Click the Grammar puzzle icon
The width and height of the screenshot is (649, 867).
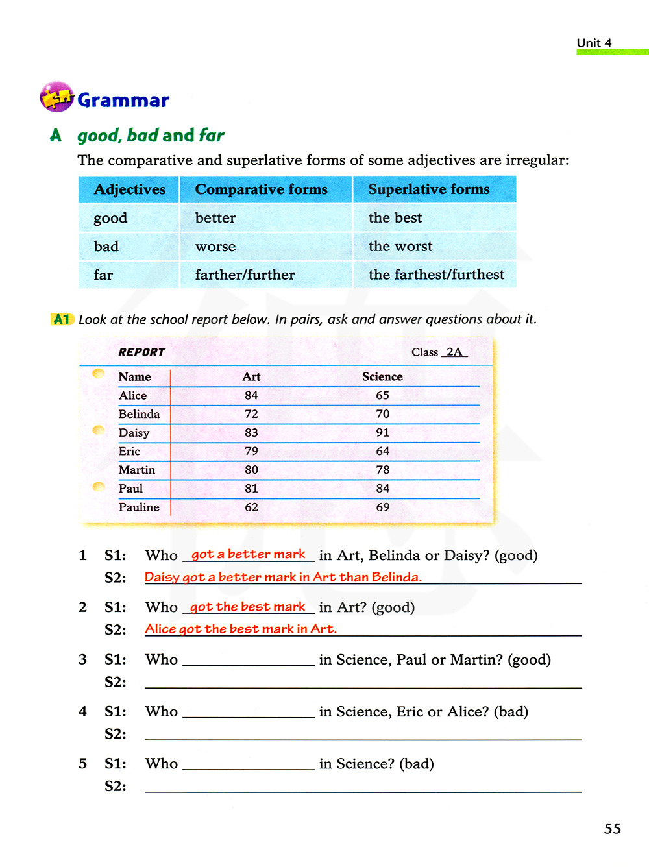[x=56, y=97]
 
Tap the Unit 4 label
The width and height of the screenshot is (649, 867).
[x=594, y=43]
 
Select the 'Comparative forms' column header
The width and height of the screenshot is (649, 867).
[x=261, y=189]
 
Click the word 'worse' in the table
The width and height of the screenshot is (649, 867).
[x=215, y=247]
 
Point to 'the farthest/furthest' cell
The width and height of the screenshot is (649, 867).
[x=436, y=275]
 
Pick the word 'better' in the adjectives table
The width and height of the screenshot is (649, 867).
[x=215, y=218]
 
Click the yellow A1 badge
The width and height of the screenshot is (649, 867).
[x=62, y=319]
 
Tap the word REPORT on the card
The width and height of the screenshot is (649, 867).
[x=141, y=352]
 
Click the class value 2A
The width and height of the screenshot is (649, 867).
[x=454, y=352]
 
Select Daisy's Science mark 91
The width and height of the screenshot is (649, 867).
[x=383, y=433]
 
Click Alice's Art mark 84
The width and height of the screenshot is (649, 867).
[x=251, y=395]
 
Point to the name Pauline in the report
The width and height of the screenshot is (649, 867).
[x=139, y=507]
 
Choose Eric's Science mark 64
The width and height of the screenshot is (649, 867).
[x=383, y=451]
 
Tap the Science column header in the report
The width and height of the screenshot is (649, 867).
[x=382, y=377]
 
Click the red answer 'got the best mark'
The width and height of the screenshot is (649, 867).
[x=248, y=607]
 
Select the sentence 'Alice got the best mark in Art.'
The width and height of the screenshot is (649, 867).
[x=241, y=629]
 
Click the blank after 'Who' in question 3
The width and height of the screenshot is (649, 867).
[x=249, y=660]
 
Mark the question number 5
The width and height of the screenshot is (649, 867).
[x=83, y=764]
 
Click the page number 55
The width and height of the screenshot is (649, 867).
[x=612, y=829]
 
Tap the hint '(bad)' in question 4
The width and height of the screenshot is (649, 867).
[x=511, y=712]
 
